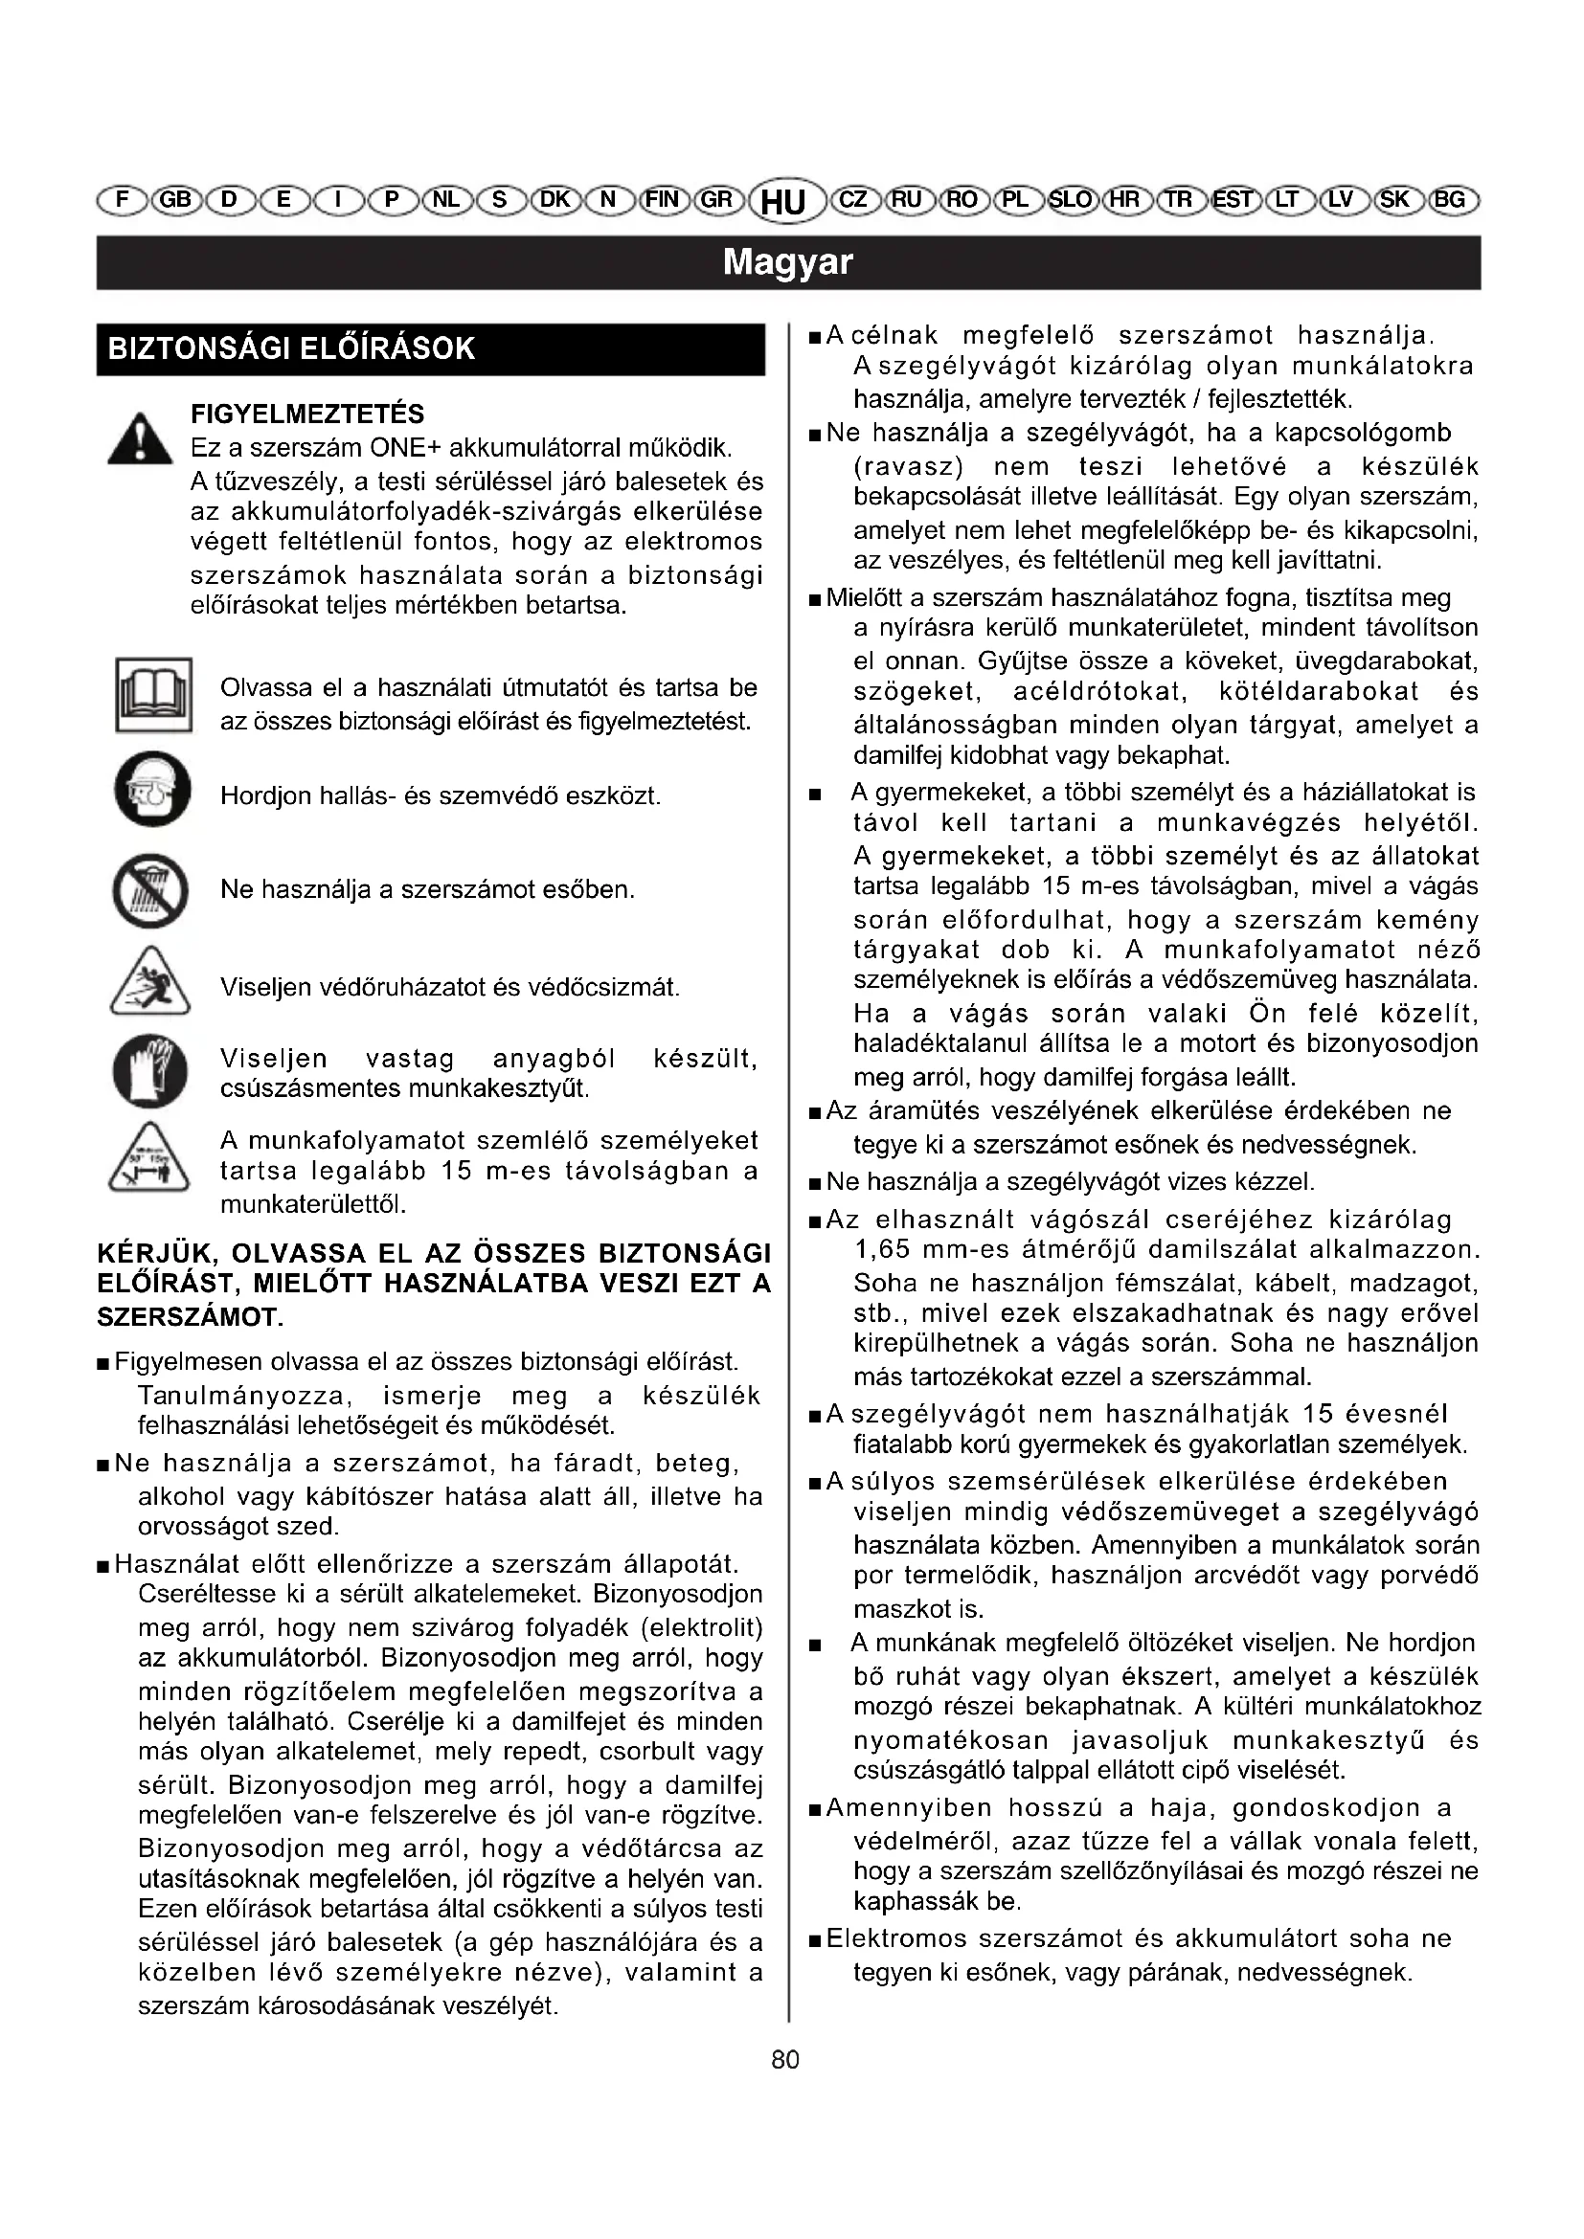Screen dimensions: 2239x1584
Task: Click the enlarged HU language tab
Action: click(x=782, y=202)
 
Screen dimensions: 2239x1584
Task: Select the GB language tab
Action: click(x=174, y=200)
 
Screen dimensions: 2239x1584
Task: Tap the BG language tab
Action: click(x=1450, y=200)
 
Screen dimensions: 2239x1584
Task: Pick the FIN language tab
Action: click(x=663, y=200)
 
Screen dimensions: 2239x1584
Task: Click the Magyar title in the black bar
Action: click(x=788, y=262)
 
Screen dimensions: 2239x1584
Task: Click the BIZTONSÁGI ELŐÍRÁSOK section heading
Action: click(x=292, y=349)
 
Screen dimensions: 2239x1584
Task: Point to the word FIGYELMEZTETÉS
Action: click(x=307, y=414)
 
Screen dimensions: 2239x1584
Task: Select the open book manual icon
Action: click(x=153, y=695)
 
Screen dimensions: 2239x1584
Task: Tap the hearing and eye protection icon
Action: click(x=152, y=790)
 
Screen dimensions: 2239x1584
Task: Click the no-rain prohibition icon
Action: click(x=149, y=889)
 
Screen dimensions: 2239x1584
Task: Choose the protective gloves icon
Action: click(x=150, y=1072)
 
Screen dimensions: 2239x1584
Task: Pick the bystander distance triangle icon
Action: click(x=149, y=1157)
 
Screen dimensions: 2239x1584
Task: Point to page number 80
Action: click(x=785, y=2060)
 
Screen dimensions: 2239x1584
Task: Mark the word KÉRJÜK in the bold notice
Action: click(x=155, y=1253)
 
